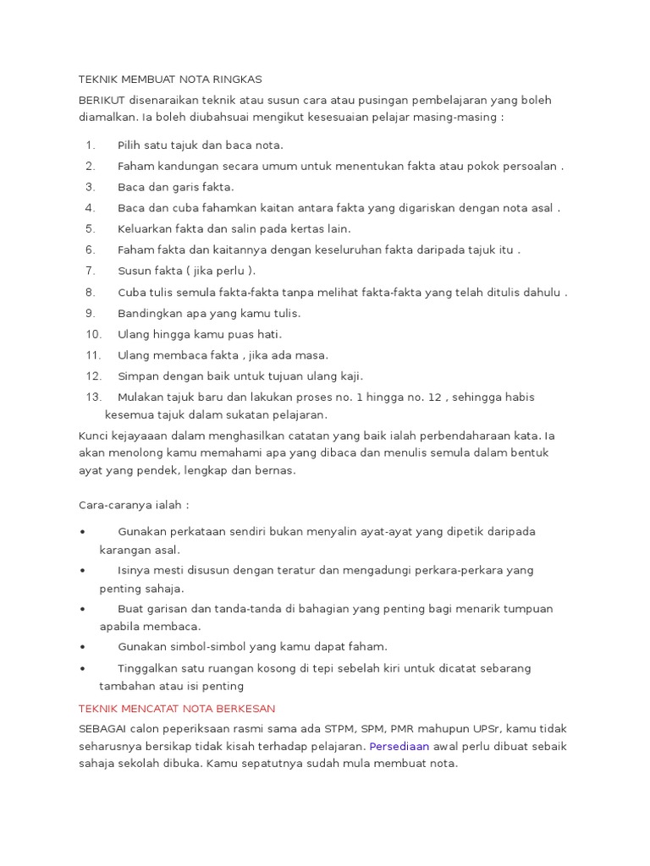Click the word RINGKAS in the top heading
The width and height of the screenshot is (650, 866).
[240, 79]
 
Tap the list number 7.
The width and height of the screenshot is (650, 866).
[91, 271]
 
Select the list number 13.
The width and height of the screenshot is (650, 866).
[94, 397]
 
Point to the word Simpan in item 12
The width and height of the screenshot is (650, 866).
[136, 376]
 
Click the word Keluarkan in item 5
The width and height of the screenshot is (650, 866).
[144, 228]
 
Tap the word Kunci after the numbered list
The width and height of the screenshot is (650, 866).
[93, 436]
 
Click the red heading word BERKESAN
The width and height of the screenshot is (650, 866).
[245, 708]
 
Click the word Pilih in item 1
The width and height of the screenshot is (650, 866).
[130, 145]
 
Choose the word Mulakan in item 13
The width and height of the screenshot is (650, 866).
[141, 397]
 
